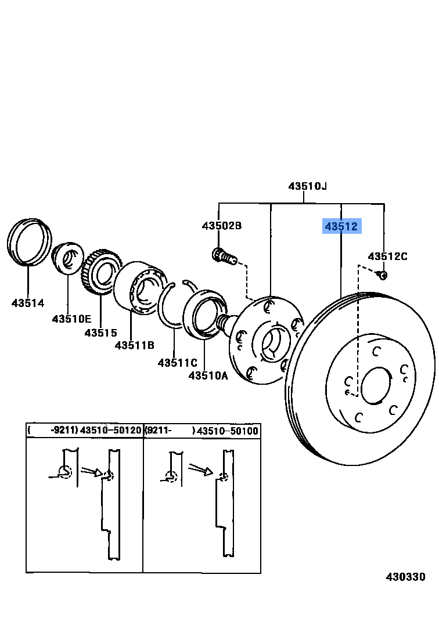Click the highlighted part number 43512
pyautogui.click(x=341, y=226)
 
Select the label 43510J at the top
pyautogui.click(x=307, y=186)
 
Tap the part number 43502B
pyautogui.click(x=221, y=225)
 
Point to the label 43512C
pyautogui.click(x=387, y=256)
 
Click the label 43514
pyautogui.click(x=27, y=302)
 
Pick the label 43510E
pyautogui.click(x=71, y=319)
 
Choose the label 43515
pyautogui.click(x=100, y=333)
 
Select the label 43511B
pyautogui.click(x=134, y=345)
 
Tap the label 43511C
pyautogui.click(x=177, y=363)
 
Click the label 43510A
pyautogui.click(x=208, y=375)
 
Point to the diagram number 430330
pyautogui.click(x=406, y=577)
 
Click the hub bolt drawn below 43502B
pyautogui.click(x=224, y=255)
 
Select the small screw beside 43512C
pyautogui.click(x=382, y=274)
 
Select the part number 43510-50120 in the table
pyautogui.click(x=110, y=431)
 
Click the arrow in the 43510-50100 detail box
pyautogui.click(x=201, y=469)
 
